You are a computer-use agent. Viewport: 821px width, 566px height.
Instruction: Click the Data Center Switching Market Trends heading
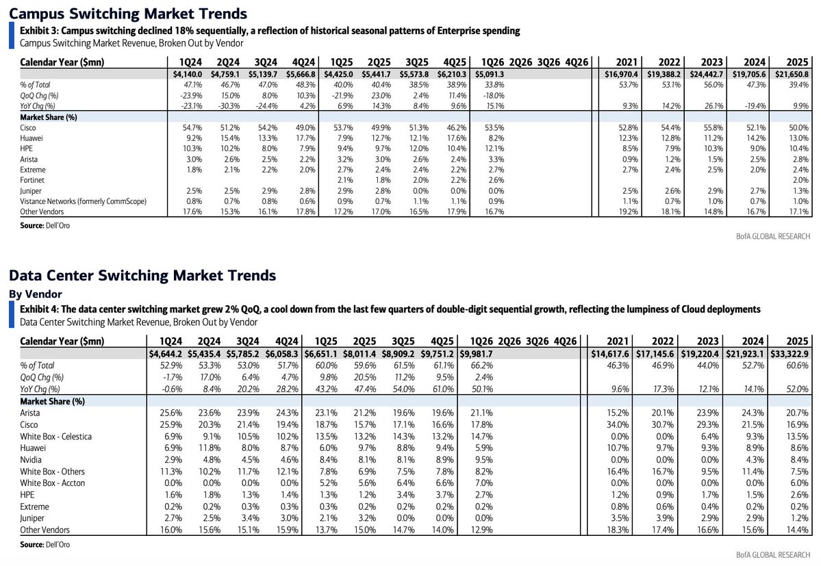pyautogui.click(x=142, y=275)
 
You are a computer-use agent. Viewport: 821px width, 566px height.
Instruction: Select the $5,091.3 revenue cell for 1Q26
pyautogui.click(x=489, y=75)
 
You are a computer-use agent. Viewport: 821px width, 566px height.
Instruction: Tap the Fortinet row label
pyautogui.click(x=32, y=180)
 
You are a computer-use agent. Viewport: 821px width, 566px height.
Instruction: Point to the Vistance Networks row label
pyautogui.click(x=84, y=201)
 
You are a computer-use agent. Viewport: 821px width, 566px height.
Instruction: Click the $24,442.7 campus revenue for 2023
pyautogui.click(x=707, y=75)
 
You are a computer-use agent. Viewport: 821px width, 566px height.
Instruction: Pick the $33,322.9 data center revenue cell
pyautogui.click(x=789, y=354)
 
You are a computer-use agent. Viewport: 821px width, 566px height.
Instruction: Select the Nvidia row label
pyautogui.click(x=31, y=460)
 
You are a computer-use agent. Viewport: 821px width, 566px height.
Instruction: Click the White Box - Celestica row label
pyautogui.click(x=55, y=436)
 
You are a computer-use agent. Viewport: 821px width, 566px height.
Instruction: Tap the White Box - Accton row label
pyautogui.click(x=52, y=483)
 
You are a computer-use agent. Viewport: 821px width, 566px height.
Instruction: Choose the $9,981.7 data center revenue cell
pyautogui.click(x=477, y=354)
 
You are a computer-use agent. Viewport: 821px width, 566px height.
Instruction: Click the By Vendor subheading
pyautogui.click(x=36, y=294)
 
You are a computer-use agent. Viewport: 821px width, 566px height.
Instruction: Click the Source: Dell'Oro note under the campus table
pyautogui.click(x=45, y=225)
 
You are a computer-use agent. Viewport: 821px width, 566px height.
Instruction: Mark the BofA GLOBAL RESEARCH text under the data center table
pyautogui.click(x=773, y=554)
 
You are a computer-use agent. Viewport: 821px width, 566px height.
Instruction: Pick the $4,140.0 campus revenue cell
pyautogui.click(x=188, y=75)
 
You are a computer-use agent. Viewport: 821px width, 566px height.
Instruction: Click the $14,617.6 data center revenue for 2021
pyautogui.click(x=610, y=354)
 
